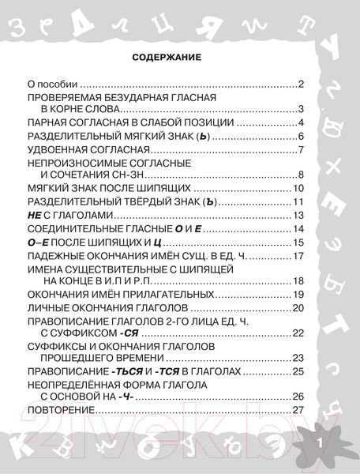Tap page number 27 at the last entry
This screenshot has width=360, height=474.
point(298,409)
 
